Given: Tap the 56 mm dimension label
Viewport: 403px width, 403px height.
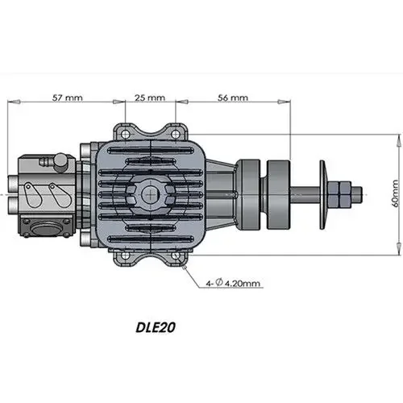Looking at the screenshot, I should [233, 97].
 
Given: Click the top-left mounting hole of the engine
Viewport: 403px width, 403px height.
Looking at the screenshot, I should [123, 130].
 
